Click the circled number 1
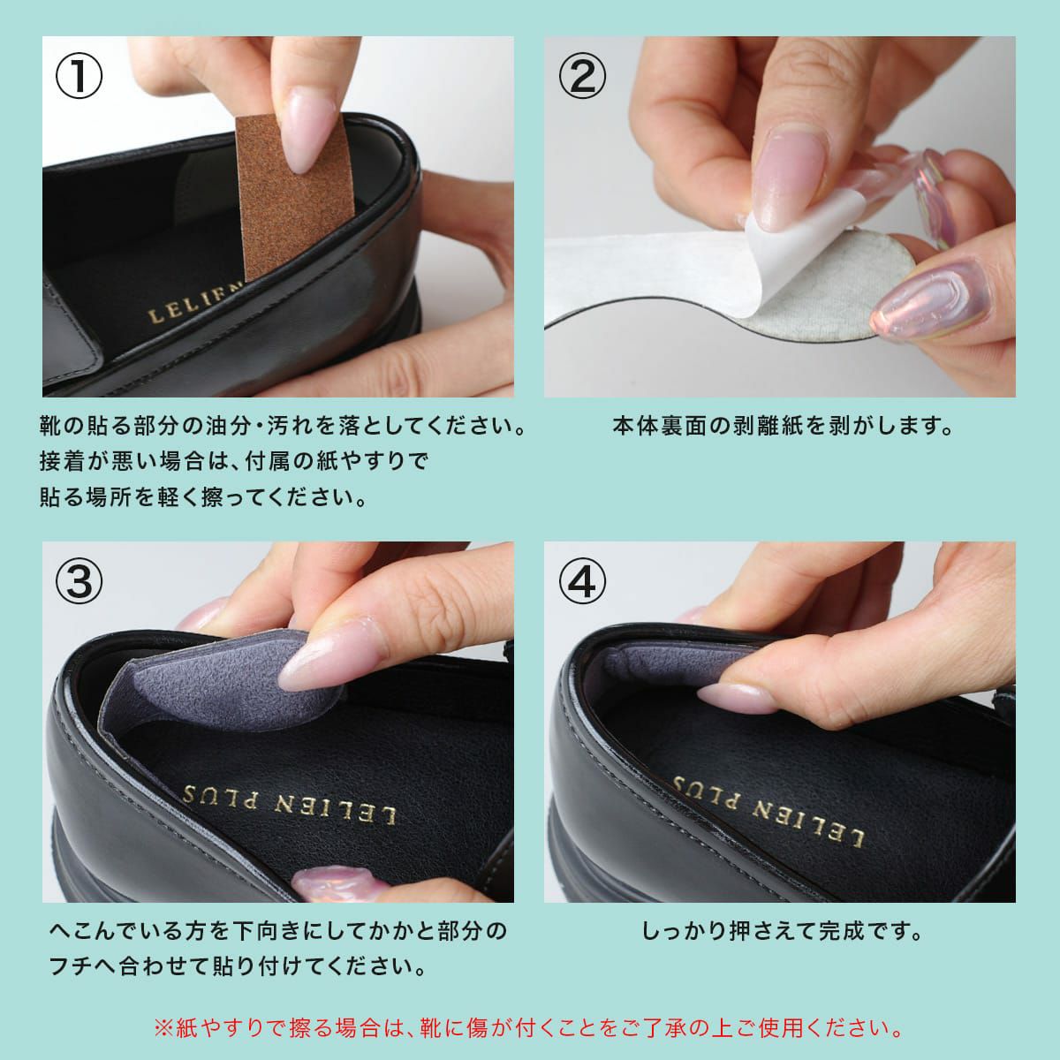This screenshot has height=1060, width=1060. coord(79,76)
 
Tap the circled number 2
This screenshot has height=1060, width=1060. coord(582,76)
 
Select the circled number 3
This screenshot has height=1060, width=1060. coord(79,582)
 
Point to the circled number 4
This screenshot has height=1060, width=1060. coord(582,582)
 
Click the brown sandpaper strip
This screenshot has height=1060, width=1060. coord(294,195)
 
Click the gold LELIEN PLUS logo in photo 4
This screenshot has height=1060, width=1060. coord(768,811)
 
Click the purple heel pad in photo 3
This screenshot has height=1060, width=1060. coord(220,682)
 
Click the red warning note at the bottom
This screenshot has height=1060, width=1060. coord(528,1027)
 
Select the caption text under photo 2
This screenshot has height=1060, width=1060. coord(784,426)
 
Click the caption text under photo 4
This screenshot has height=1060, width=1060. coord(783,931)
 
